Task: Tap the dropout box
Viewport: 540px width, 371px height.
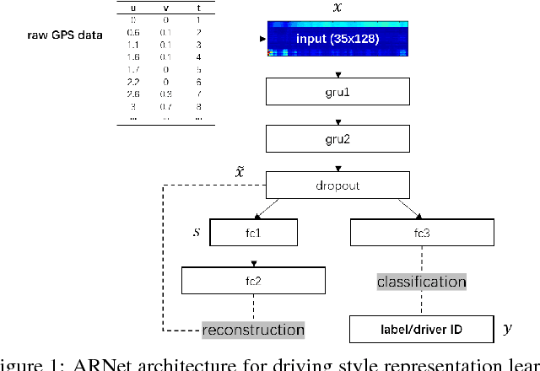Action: coord(337,183)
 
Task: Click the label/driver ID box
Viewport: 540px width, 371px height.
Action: coord(409,327)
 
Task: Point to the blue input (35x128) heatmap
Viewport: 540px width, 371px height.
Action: coord(337,40)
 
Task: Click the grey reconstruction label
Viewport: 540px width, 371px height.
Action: coord(253,329)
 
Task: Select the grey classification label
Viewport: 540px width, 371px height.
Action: coord(421,282)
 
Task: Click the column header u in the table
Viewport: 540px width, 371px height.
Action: coord(132,8)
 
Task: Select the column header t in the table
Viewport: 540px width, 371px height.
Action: coord(197,8)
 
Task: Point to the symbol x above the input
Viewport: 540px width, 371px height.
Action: coord(338,8)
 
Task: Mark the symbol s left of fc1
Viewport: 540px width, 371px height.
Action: coord(196,230)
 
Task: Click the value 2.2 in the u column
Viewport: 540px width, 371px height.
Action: coord(132,82)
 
